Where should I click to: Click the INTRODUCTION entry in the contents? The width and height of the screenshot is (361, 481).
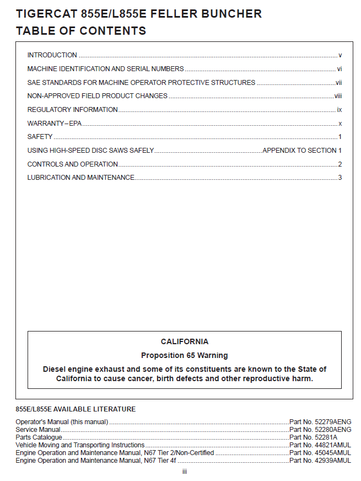point(52,55)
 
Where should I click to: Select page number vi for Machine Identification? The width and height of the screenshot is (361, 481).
point(340,69)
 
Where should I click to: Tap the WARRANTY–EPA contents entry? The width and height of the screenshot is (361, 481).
point(55,124)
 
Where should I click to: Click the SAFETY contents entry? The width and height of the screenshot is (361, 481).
point(40,137)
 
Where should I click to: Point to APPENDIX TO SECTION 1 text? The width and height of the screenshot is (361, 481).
point(303,151)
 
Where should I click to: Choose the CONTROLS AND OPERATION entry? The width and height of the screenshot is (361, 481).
point(73,164)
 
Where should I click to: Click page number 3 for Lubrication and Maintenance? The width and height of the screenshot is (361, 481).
point(340,178)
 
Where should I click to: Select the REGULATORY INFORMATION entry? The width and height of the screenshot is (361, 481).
point(73,110)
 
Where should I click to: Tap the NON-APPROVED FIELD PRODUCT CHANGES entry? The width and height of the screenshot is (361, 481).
point(98,96)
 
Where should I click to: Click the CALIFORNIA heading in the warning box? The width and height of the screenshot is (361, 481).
point(185,342)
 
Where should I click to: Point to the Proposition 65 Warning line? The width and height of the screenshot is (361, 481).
point(185,356)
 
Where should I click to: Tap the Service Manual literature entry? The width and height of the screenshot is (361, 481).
point(38,430)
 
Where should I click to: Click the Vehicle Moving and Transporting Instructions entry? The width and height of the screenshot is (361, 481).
point(80,445)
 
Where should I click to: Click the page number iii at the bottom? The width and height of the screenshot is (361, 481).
point(185,472)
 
